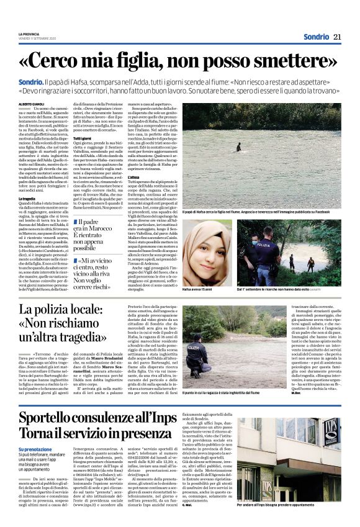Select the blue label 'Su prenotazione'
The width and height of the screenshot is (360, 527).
[x=35, y=449]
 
